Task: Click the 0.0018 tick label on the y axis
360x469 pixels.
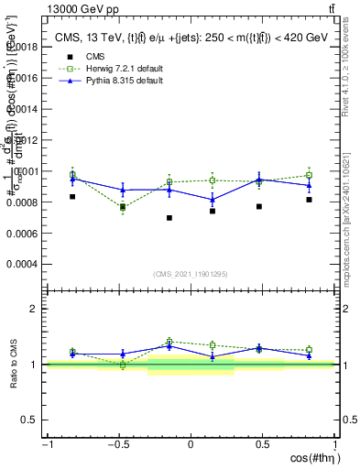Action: (x=24, y=46)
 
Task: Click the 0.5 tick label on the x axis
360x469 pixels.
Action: (x=262, y=444)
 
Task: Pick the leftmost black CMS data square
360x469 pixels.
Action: (x=72, y=196)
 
